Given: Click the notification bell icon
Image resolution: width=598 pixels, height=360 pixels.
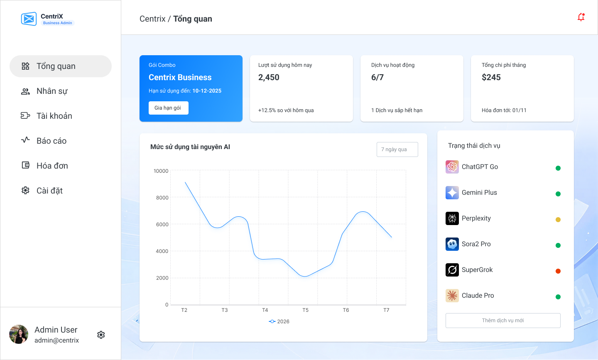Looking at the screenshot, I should [581, 17].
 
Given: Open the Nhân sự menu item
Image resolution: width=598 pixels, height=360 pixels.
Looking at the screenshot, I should [51, 91].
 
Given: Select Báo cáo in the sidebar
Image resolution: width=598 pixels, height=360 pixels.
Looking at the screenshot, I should [51, 141].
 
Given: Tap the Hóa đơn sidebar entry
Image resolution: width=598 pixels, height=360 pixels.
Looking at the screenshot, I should [52, 166].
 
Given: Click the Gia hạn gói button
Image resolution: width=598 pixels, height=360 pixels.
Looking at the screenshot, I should [168, 108].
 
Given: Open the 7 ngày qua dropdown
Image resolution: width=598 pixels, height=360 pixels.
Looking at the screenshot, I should [397, 149].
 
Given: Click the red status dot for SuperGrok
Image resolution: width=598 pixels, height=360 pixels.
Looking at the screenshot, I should [558, 271].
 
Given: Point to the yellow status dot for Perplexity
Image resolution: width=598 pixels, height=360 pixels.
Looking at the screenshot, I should [558, 220].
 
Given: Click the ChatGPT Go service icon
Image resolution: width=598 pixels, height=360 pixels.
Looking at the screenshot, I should [452, 167].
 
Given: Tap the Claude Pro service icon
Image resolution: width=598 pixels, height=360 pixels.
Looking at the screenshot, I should [452, 296].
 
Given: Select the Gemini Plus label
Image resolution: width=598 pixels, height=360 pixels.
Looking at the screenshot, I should [479, 193].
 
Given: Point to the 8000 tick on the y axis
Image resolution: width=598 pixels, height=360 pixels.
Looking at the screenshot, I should [162, 198].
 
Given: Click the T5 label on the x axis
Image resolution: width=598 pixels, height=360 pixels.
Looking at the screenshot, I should [305, 310].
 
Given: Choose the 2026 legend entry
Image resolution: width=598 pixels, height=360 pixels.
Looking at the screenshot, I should [279, 321].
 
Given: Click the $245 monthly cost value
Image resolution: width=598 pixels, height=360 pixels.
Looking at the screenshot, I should [491, 78].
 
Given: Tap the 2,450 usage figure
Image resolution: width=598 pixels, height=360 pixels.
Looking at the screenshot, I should [269, 78].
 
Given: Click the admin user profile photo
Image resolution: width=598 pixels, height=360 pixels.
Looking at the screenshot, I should [19, 334].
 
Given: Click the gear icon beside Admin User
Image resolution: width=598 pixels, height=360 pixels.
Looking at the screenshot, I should [101, 335].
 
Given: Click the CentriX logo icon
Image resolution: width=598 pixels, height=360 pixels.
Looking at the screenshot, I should [29, 19].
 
